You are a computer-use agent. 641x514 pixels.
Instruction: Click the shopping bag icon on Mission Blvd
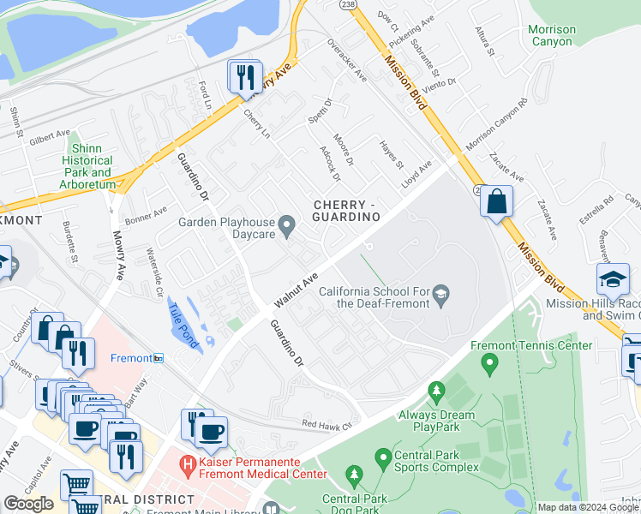[496, 203]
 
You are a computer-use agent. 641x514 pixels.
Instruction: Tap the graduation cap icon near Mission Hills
[613, 281]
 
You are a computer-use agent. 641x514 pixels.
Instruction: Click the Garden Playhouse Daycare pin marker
[288, 227]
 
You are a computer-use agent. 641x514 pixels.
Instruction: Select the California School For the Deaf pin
[440, 296]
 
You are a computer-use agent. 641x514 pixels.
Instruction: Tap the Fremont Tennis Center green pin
[489, 366]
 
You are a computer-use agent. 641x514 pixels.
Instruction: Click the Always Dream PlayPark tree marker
[436, 394]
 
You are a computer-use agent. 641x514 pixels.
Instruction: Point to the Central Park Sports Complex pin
[382, 459]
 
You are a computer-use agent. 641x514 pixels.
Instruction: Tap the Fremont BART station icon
[158, 358]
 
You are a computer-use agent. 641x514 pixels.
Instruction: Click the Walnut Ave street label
[297, 291]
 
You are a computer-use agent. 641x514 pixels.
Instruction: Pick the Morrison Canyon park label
[552, 35]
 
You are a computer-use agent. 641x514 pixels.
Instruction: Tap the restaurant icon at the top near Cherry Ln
[245, 77]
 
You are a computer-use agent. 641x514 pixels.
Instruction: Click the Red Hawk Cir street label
[326, 424]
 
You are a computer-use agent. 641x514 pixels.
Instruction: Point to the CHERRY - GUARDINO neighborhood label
[346, 211]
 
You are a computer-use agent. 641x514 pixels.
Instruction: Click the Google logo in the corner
[28, 504]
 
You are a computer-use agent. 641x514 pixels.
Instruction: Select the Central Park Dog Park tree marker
[351, 475]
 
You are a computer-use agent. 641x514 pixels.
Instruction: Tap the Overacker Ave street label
[346, 60]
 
